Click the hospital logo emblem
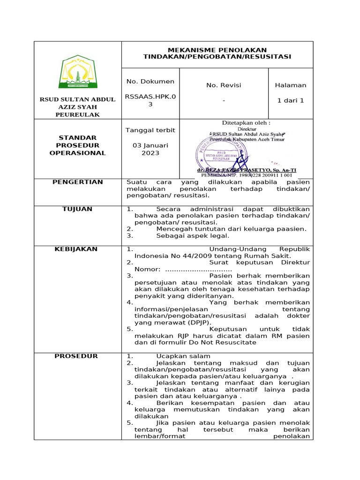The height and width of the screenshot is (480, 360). point(78,72)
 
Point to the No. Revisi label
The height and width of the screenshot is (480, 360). point(224,85)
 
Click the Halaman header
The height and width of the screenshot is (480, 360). point(291,85)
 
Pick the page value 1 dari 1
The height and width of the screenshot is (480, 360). point(291,100)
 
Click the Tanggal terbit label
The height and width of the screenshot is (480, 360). point(150,130)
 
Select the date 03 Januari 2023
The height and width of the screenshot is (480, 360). point(150,149)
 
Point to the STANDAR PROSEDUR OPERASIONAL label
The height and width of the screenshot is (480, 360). point(78,145)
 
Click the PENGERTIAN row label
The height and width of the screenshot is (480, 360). point(78,182)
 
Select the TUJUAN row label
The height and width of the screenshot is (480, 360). point(78,209)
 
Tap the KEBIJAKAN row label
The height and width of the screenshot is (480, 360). point(78,249)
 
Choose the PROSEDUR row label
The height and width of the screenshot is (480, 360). point(78,356)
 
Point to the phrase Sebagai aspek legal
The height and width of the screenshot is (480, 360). point(193,236)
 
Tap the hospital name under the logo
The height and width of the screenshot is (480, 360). point(78,107)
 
